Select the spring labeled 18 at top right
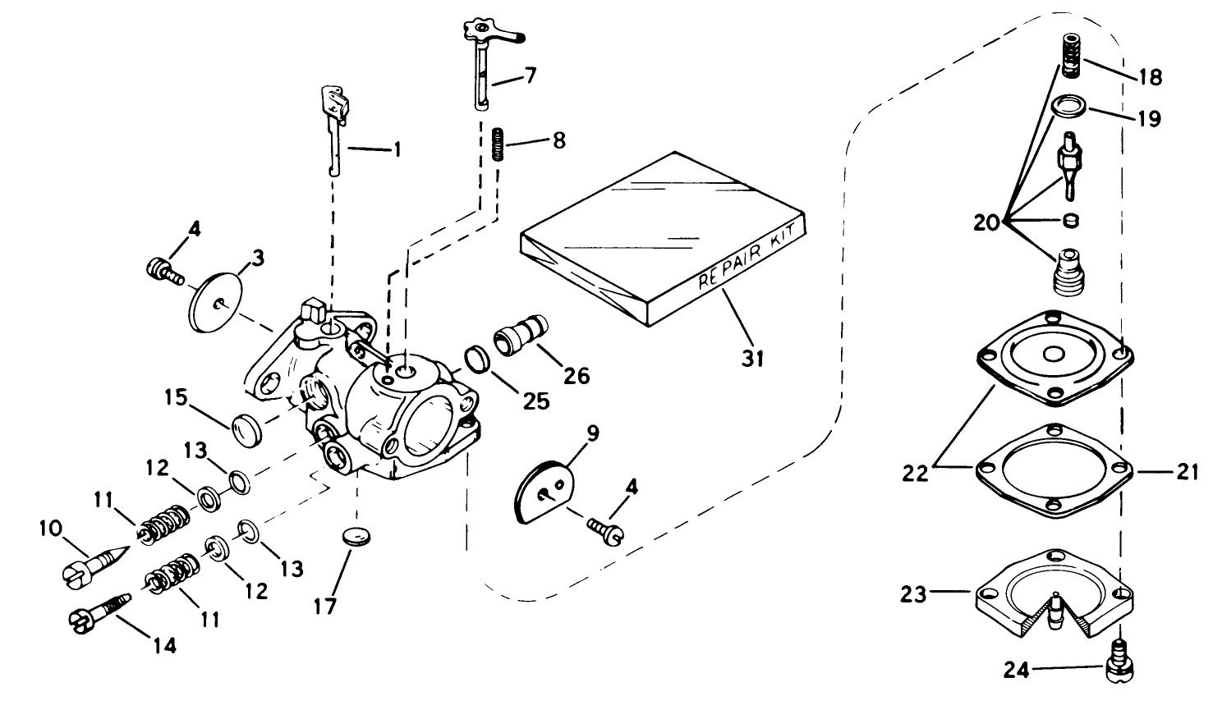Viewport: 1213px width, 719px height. coord(1069,56)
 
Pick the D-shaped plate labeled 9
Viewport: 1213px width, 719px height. coord(541,492)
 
